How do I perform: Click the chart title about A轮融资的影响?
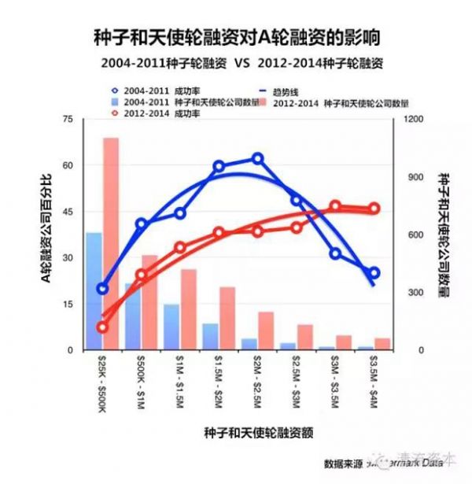(x=236, y=37)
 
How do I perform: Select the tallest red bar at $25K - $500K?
(x=111, y=244)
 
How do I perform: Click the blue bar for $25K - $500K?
(x=94, y=291)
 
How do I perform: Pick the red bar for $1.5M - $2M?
(x=227, y=318)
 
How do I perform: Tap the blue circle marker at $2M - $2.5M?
(x=257, y=159)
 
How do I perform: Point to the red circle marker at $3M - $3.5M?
(x=335, y=206)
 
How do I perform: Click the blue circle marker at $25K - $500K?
(x=102, y=289)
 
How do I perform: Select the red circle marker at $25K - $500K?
(x=102, y=327)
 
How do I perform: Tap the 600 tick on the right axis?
(x=411, y=235)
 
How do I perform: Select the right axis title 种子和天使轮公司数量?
(x=443, y=234)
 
